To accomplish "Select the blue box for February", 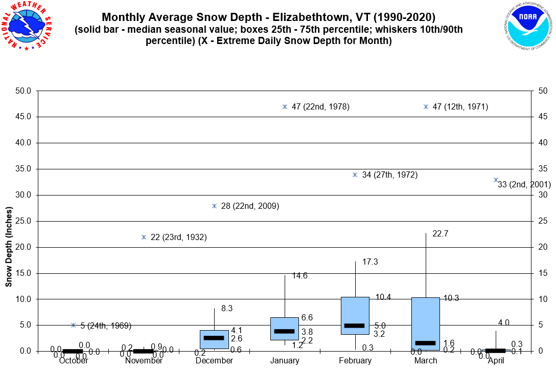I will click(355, 316).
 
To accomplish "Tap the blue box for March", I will click(426, 323).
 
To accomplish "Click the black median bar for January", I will click(285, 331).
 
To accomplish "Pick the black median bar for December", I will click(214, 338).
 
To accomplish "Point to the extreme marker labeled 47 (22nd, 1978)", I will click(285, 106).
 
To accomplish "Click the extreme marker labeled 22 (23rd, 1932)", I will click(144, 237).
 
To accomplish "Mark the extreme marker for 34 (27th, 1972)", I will click(355, 175).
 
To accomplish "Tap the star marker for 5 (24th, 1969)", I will click(74, 325).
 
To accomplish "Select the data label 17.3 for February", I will click(370, 262).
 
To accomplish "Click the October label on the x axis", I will click(74, 361).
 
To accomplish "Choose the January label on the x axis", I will click(285, 361).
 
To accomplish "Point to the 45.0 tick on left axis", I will click(23, 117).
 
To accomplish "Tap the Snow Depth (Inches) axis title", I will click(9, 247).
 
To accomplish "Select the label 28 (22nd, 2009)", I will click(250, 206).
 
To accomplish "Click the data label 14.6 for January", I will click(299, 276).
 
